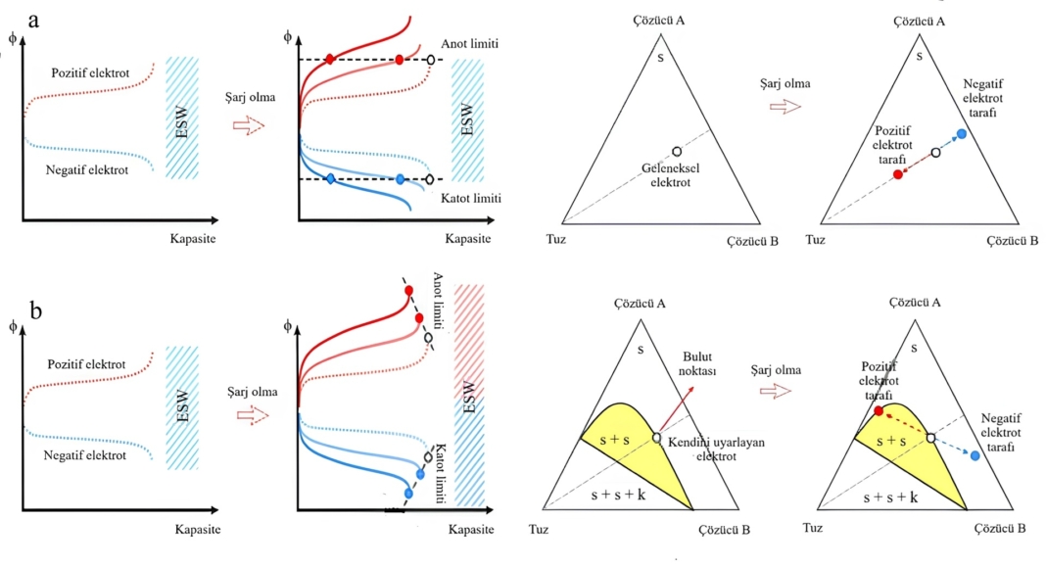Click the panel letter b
coord(35,312)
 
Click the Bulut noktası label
coord(703,363)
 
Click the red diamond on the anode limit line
coord(330,60)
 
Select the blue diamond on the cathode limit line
coord(330,179)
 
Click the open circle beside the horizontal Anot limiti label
coord(430,60)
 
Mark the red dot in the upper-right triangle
coord(898,174)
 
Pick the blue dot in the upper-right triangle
coord(961,133)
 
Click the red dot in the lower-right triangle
coord(879,410)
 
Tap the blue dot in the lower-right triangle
coord(975,455)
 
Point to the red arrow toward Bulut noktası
coord(677,410)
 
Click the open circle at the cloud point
coord(656,438)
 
